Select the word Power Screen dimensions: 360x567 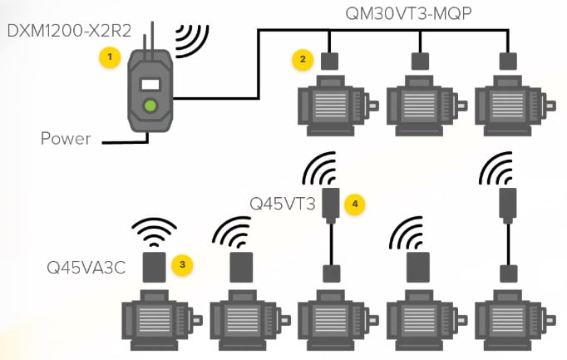[66, 138]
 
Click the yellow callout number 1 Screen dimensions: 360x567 [107, 57]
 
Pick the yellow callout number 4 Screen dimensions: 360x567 [355, 202]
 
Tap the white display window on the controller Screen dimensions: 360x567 [150, 84]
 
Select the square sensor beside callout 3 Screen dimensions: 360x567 [155, 267]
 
